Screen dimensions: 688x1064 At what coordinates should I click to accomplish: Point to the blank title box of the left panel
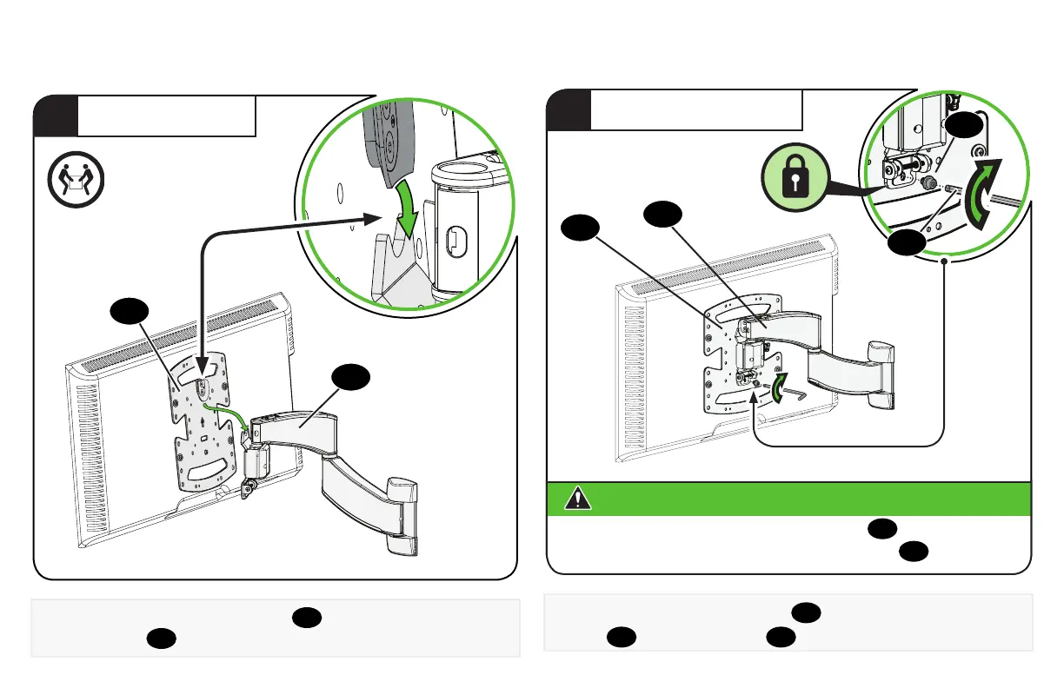click(x=166, y=116)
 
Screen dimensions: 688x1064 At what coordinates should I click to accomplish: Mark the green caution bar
click(x=788, y=499)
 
